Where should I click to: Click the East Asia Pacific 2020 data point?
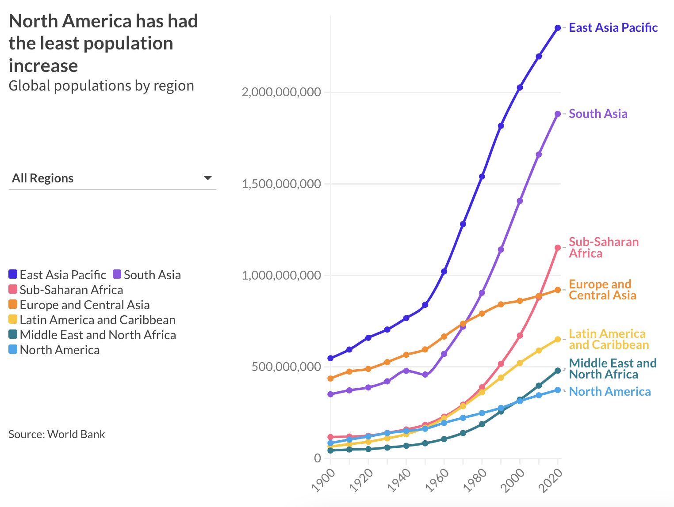click(558, 28)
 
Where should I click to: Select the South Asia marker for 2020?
click(558, 114)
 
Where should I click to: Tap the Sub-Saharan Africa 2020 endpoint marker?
click(558, 248)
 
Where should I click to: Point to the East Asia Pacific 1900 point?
click(330, 358)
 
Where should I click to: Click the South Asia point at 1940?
click(406, 371)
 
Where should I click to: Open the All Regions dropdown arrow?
click(207, 178)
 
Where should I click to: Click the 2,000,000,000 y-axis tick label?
click(281, 92)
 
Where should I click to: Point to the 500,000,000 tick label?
click(286, 367)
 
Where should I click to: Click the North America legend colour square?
click(13, 350)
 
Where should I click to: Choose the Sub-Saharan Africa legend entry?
click(71, 290)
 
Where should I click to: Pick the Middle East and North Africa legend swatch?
click(13, 335)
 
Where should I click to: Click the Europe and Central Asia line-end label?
click(602, 290)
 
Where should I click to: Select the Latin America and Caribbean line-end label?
click(608, 339)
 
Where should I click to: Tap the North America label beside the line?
click(609, 392)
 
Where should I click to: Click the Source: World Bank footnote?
click(57, 434)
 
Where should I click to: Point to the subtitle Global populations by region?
click(101, 86)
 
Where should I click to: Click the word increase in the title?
click(43, 66)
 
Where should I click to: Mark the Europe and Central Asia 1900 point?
click(330, 378)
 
